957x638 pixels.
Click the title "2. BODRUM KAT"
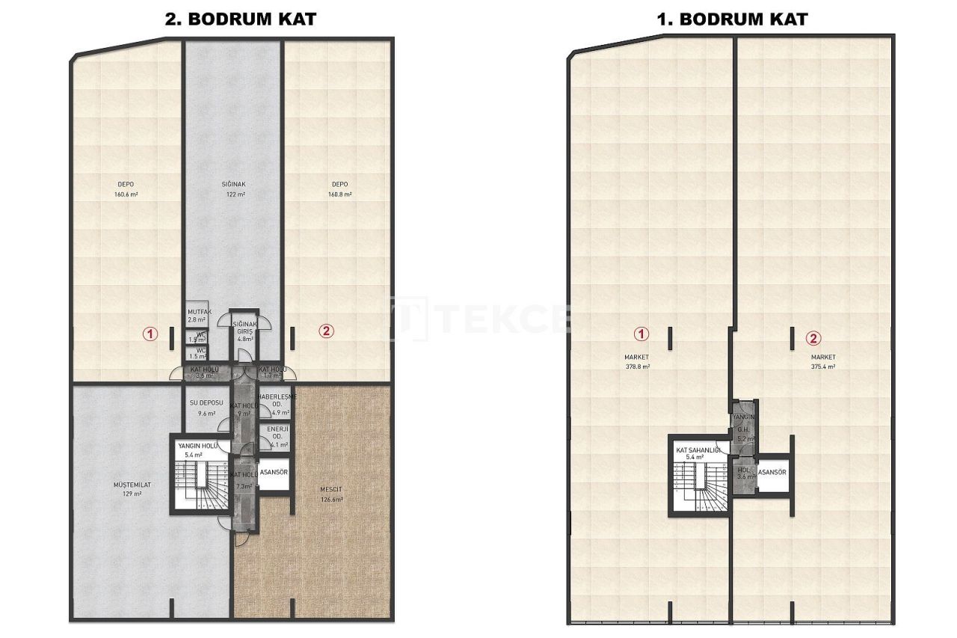click(241, 19)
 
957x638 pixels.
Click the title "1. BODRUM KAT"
click(733, 19)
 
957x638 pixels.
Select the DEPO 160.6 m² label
click(126, 188)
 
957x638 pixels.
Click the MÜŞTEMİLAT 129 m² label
click(132, 489)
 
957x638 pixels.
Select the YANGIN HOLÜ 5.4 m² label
click(197, 450)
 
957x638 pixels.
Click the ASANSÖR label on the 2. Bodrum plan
click(275, 472)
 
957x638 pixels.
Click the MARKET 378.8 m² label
click(638, 362)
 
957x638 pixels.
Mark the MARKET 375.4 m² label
click(822, 362)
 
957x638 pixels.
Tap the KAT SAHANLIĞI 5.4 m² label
click(698, 453)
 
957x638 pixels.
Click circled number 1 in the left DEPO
click(151, 334)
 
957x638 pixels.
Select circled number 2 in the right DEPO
click(325, 331)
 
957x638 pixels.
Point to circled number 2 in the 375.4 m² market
click(813, 338)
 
